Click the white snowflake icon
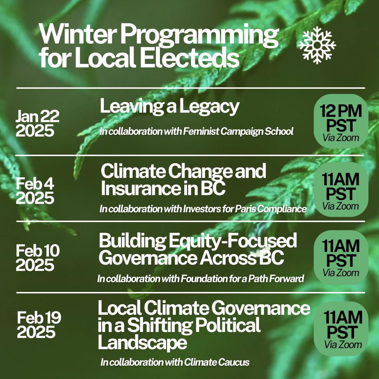(317, 45)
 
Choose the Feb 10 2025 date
(37, 258)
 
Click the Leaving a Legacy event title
(169, 106)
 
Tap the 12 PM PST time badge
(341, 121)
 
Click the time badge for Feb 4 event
(341, 189)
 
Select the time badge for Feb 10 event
(341, 257)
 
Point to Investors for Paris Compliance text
(244, 209)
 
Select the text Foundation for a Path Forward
(242, 279)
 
